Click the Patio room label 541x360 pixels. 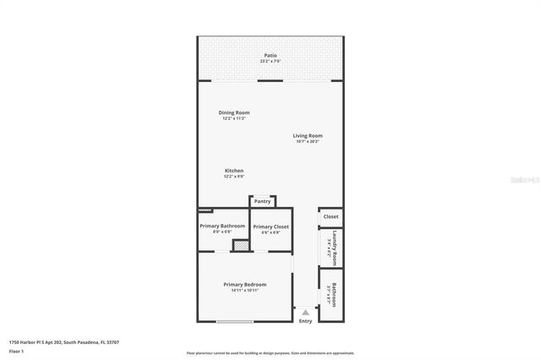270,56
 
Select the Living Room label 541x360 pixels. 308,135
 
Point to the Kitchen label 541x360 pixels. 234,171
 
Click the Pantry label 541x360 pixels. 262,201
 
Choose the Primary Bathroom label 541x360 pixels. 222,226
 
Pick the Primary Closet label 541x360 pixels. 270,226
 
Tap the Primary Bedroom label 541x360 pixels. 244,285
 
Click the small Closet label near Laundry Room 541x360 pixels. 331,217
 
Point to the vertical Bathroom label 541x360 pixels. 335,294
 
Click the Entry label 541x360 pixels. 305,321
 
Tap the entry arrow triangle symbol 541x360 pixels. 305,313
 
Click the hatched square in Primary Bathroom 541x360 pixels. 240,246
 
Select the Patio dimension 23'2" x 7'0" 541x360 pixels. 270,62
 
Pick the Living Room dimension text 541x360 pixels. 308,141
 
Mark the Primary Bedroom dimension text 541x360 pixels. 244,291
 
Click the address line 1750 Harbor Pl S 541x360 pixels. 63,342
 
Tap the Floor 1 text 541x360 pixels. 16,351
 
